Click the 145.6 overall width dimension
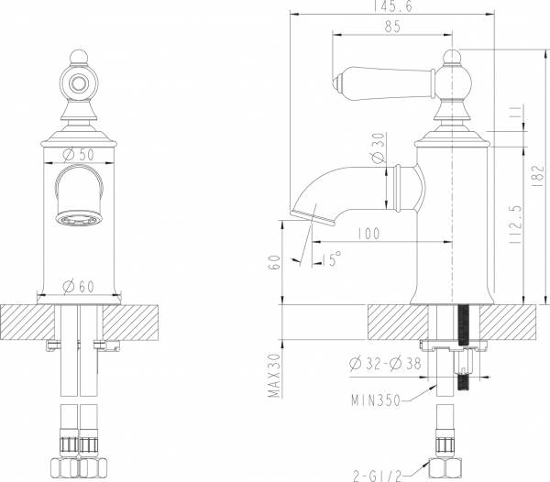[391, 7]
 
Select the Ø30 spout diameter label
[377, 148]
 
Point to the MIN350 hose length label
[377, 400]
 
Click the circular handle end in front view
[80, 83]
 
